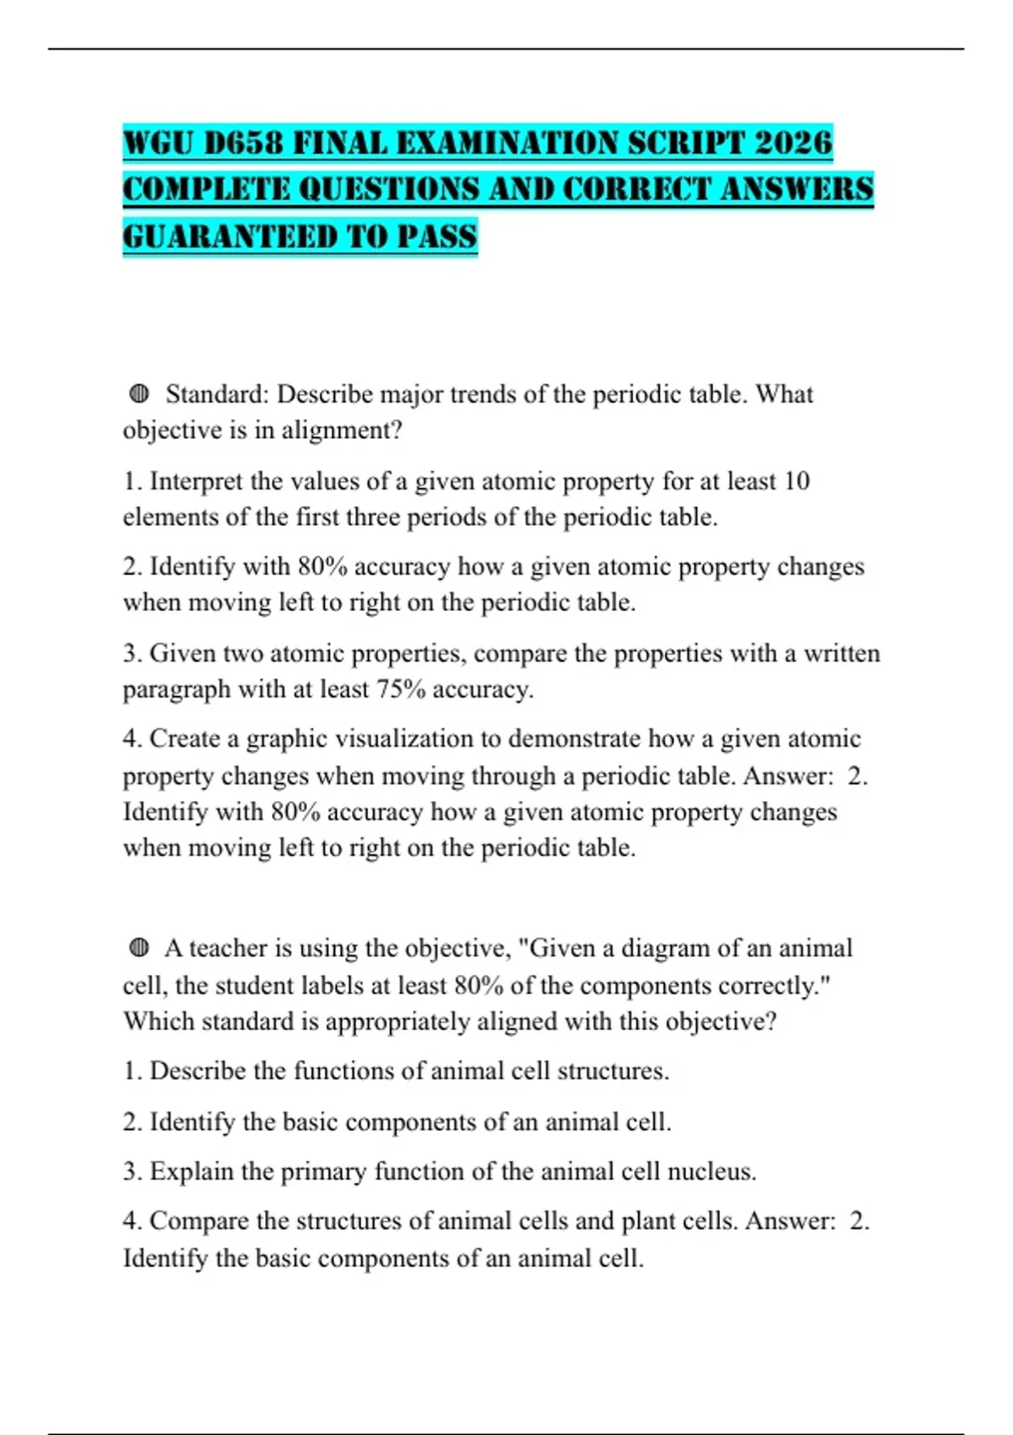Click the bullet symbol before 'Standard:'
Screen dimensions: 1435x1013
coord(139,393)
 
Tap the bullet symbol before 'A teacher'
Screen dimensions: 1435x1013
coord(139,948)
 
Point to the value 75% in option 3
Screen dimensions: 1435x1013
coord(400,690)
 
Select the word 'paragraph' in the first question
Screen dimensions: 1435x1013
coord(176,690)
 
